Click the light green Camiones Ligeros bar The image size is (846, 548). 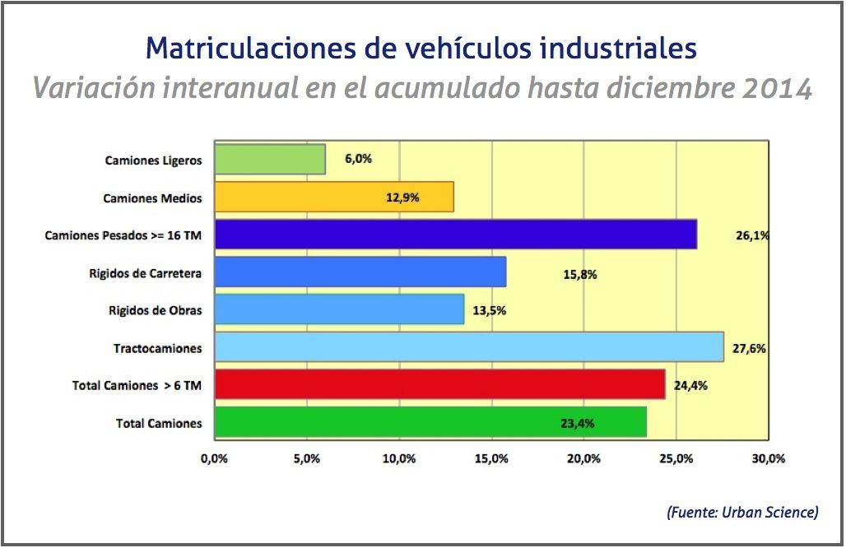click(270, 160)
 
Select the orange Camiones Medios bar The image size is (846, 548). click(333, 197)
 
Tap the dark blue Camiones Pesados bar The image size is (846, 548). click(455, 235)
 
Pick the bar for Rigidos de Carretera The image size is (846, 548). click(360, 272)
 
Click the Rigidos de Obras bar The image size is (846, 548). click(339, 310)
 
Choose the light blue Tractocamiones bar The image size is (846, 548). click(468, 347)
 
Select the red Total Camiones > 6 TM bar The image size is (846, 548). click(439, 385)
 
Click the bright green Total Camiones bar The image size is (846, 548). click(430, 423)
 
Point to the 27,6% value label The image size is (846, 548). click(751, 348)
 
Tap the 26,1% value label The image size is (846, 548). click(752, 235)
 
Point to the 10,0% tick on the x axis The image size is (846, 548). click(399, 457)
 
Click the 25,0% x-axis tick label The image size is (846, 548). click(676, 457)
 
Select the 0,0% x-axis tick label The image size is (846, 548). click(214, 457)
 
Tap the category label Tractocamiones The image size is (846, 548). click(157, 348)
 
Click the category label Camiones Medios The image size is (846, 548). click(152, 198)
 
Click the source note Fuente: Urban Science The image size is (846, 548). click(742, 513)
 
